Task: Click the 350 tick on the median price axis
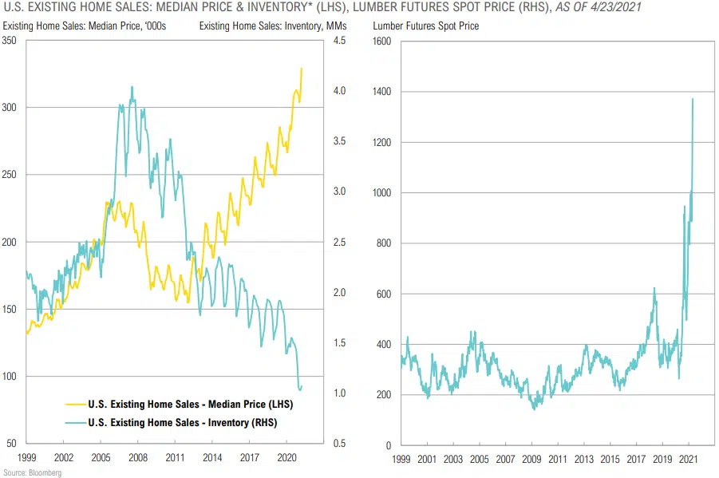11,40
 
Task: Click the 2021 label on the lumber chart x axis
687,460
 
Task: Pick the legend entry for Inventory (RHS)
184,422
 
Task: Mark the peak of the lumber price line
693,99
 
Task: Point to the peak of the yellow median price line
302,68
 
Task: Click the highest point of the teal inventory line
132,86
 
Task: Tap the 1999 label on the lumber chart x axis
401,460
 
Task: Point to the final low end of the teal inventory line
300,390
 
